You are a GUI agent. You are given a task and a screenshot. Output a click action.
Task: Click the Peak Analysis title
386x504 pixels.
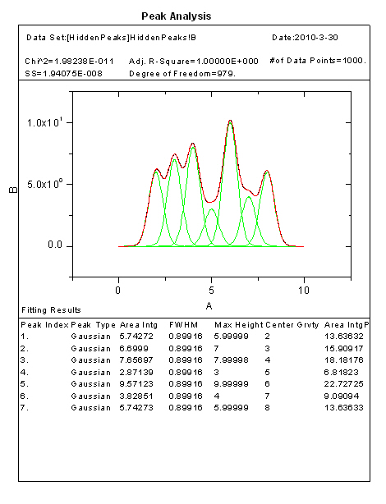click(x=177, y=16)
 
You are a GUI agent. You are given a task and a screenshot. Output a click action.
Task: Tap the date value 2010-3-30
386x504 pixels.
click(x=316, y=38)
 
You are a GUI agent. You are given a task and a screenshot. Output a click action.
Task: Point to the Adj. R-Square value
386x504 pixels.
click(x=227, y=61)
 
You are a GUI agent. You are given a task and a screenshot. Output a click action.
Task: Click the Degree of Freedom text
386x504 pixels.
click(x=182, y=74)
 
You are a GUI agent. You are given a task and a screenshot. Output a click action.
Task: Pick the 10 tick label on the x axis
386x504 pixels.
click(x=303, y=291)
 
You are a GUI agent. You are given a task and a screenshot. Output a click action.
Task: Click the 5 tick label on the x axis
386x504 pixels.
click(x=211, y=291)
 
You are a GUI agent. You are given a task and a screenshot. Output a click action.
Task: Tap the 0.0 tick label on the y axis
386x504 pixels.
click(x=55, y=245)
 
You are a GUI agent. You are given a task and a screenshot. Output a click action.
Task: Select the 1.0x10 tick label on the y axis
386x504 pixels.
click(x=45, y=122)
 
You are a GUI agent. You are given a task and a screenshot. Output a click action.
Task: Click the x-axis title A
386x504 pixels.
click(x=209, y=306)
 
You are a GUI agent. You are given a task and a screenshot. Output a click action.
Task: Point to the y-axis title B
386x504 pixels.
click(x=13, y=190)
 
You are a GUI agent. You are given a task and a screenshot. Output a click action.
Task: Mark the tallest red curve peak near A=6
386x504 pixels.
click(x=230, y=120)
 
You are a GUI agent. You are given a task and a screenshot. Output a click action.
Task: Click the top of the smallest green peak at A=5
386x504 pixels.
click(x=211, y=209)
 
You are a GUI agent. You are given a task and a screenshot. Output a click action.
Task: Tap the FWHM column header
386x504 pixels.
click(x=184, y=325)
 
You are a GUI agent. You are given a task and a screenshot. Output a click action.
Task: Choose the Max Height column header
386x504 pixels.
click(x=239, y=325)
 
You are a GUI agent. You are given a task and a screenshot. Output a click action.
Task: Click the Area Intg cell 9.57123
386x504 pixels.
click(x=136, y=384)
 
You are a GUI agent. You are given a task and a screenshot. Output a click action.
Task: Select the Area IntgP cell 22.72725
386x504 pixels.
click(x=344, y=384)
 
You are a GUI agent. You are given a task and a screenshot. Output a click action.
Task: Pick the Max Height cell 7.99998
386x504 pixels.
click(x=232, y=360)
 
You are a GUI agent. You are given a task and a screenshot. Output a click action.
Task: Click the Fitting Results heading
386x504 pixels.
click(x=51, y=310)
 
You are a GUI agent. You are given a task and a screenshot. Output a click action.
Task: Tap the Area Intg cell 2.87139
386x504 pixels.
click(x=136, y=373)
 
